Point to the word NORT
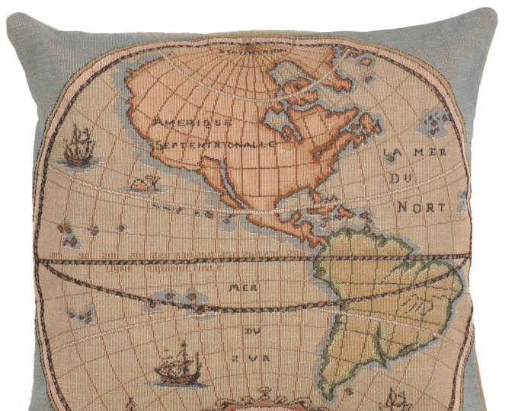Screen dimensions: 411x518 pos(419,206)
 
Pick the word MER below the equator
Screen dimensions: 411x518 pos(241,288)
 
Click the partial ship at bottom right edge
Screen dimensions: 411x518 pos(397,398)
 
